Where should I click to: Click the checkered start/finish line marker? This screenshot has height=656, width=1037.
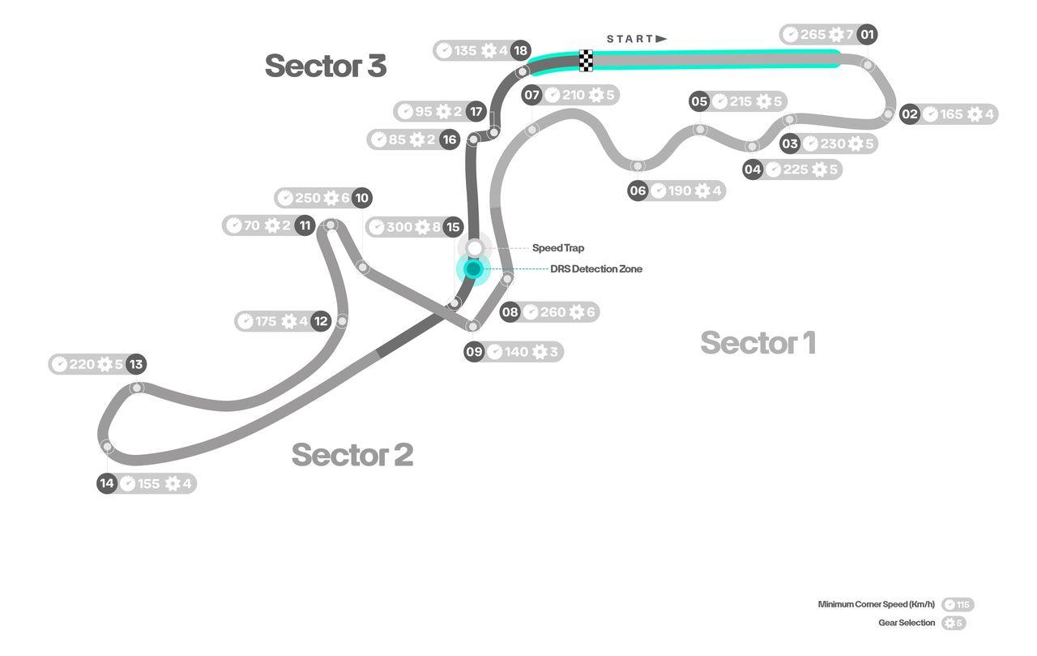(x=586, y=61)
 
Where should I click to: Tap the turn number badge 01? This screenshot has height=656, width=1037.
(x=868, y=35)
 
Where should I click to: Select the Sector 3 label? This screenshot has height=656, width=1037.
(x=325, y=66)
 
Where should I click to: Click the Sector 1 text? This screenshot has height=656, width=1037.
(x=757, y=343)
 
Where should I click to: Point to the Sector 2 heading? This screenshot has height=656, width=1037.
(x=352, y=454)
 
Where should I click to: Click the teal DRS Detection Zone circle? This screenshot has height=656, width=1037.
(x=474, y=268)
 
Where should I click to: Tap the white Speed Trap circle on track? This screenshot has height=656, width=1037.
(x=475, y=247)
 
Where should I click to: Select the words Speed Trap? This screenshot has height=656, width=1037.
(x=557, y=248)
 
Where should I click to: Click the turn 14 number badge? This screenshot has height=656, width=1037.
(x=107, y=484)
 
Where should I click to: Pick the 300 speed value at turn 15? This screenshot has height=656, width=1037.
(x=399, y=227)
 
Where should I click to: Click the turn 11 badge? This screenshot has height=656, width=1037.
(x=305, y=225)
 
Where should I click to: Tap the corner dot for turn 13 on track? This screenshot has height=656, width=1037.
(x=137, y=388)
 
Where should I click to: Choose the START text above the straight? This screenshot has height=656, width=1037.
(x=629, y=39)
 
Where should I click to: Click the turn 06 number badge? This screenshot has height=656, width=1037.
(x=638, y=191)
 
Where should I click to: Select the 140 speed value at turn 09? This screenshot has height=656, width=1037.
(x=516, y=352)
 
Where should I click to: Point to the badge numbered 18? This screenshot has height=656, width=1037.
(x=521, y=50)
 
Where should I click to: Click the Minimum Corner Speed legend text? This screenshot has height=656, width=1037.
(x=876, y=604)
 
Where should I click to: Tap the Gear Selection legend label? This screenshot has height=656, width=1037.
(x=907, y=623)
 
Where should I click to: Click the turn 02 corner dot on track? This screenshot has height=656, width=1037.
(x=888, y=114)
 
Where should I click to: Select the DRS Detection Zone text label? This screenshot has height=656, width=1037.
(x=596, y=269)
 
